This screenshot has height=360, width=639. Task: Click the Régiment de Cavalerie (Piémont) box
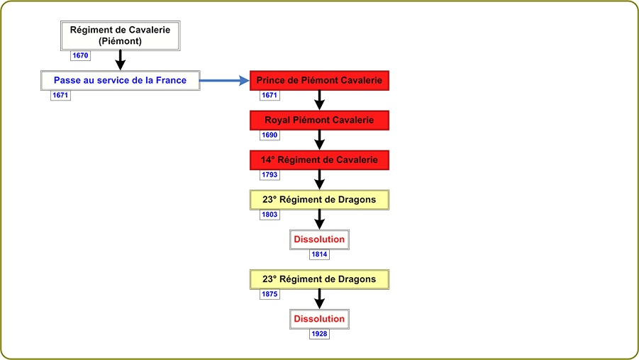tap(121, 36)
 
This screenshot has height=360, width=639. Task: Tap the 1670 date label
tap(80, 55)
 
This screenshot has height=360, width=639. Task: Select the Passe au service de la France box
tap(121, 80)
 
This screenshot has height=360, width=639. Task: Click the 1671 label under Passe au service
tap(60, 95)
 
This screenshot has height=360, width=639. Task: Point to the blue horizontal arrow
tap(225, 81)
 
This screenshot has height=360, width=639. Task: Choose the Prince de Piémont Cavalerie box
tap(319, 80)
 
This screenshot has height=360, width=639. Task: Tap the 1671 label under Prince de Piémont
tap(270, 95)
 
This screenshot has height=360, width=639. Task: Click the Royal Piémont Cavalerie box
tap(319, 120)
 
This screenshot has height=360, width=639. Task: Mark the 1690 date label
tap(270, 135)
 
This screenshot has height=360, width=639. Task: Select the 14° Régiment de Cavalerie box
tap(319, 160)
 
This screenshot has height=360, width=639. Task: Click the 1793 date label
tap(270, 175)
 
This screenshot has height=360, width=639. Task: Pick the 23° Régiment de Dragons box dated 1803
tap(319, 200)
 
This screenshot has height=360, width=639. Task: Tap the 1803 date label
tap(270, 215)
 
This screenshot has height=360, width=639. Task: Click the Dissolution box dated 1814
tap(319, 240)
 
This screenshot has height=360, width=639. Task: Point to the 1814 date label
tap(319, 254)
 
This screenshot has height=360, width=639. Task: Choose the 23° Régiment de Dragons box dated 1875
tap(319, 279)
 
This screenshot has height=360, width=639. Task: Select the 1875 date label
tap(270, 294)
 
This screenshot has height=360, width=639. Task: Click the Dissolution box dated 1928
tap(319, 319)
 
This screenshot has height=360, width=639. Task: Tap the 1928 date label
tap(319, 334)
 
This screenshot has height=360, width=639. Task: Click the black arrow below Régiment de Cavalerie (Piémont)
tap(121, 60)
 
